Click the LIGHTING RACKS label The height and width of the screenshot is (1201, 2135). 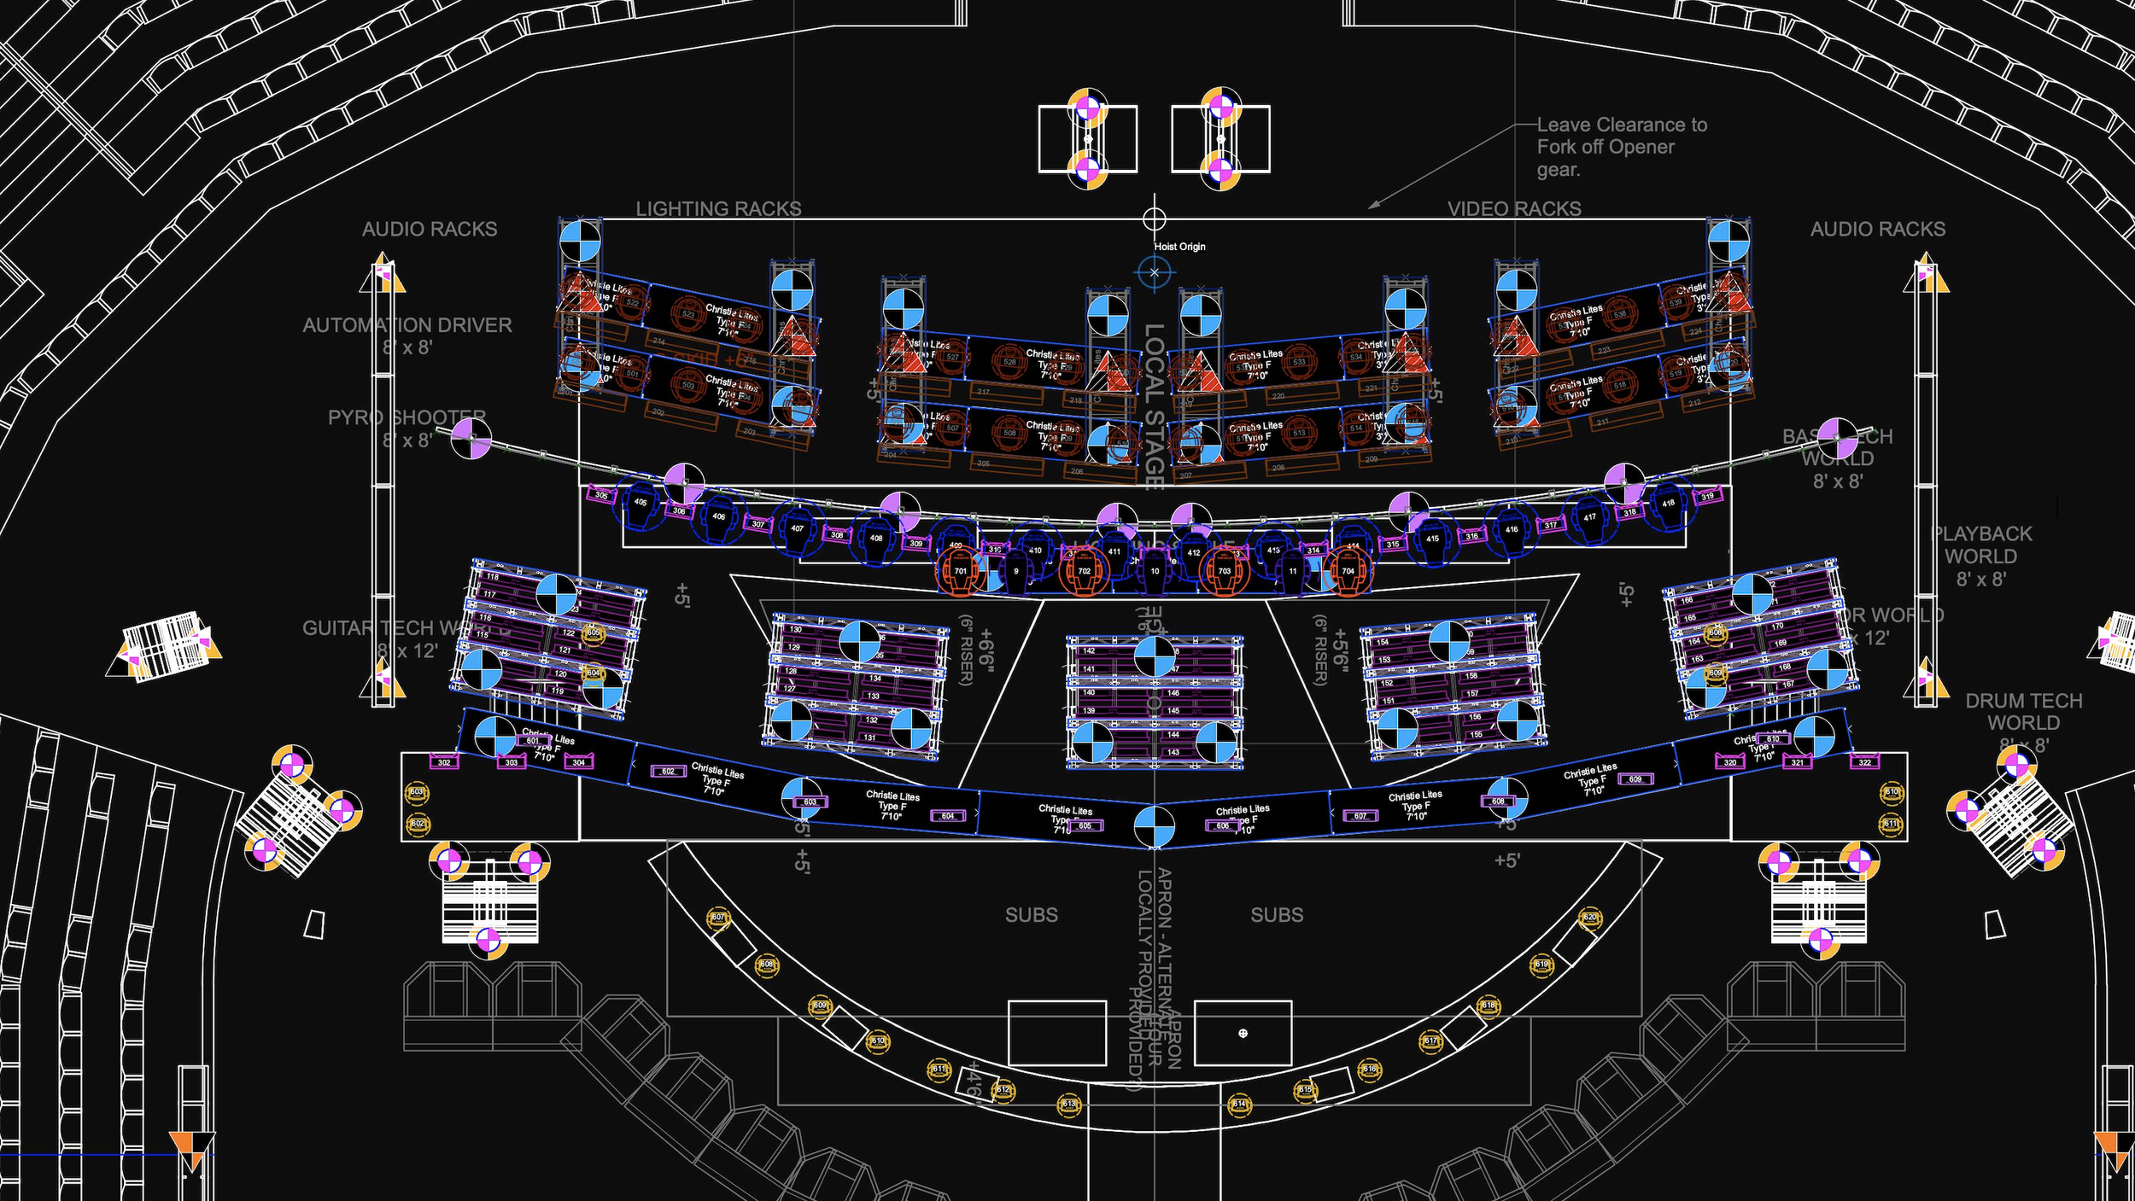pos(718,208)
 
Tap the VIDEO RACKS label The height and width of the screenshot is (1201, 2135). pos(1514,208)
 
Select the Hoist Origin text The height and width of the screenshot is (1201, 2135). pos(1179,247)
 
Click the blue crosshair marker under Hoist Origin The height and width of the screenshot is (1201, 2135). pos(1154,272)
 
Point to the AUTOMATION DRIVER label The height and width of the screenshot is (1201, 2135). pos(407,325)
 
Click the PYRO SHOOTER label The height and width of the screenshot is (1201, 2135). pos(407,418)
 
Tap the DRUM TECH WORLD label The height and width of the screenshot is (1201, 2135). pos(2023,712)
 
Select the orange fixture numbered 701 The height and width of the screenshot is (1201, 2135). pos(961,571)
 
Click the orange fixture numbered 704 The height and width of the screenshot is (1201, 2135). pos(1348,571)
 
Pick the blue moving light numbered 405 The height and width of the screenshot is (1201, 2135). pos(640,503)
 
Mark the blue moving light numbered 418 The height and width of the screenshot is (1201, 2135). pos(1668,503)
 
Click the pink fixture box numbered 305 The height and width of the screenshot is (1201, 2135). pos(602,495)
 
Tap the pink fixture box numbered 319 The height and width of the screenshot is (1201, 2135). pos(1707,496)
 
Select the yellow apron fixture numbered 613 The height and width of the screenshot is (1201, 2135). pos(1068,1104)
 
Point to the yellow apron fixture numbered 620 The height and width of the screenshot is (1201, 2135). pos(1589,918)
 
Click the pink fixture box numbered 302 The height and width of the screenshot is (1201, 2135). pos(444,762)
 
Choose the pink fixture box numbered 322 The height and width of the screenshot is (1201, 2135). pos(1864,762)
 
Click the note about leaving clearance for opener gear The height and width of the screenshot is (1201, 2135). pos(1621,147)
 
